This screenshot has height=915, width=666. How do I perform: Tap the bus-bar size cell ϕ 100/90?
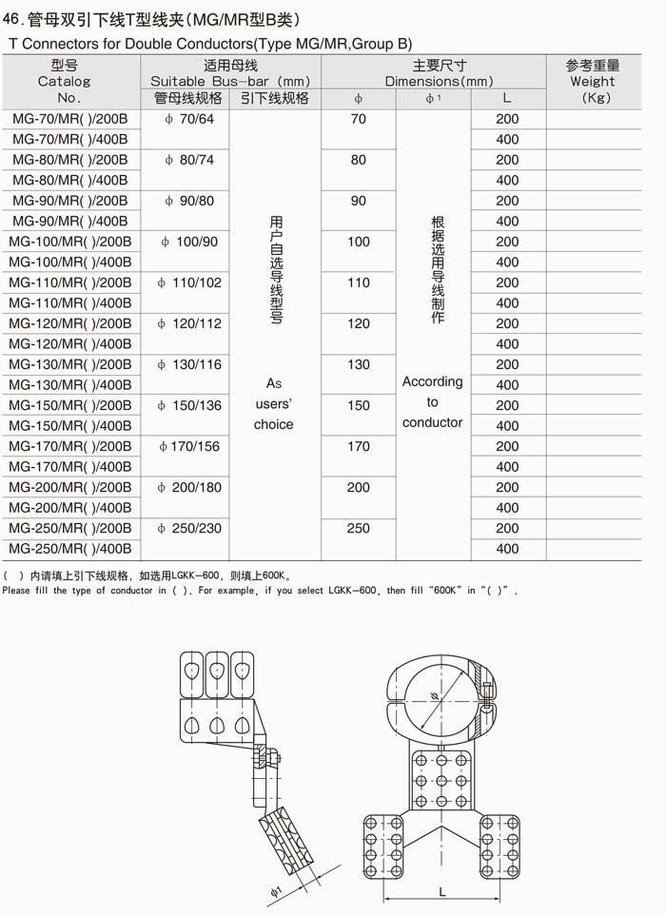tap(190, 242)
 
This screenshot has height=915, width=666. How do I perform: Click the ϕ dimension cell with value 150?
tap(359, 405)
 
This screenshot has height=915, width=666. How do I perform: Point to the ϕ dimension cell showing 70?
tap(359, 119)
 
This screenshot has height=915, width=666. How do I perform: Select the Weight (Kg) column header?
tap(593, 81)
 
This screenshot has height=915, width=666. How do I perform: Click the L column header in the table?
tap(507, 98)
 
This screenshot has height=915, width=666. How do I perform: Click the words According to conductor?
tap(432, 402)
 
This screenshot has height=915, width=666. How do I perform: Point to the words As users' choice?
tap(273, 404)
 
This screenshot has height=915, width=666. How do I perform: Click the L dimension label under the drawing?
tap(443, 892)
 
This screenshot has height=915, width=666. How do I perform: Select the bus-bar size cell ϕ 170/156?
tap(190, 446)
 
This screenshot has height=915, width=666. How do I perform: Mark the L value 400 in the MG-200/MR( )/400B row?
tap(507, 508)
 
